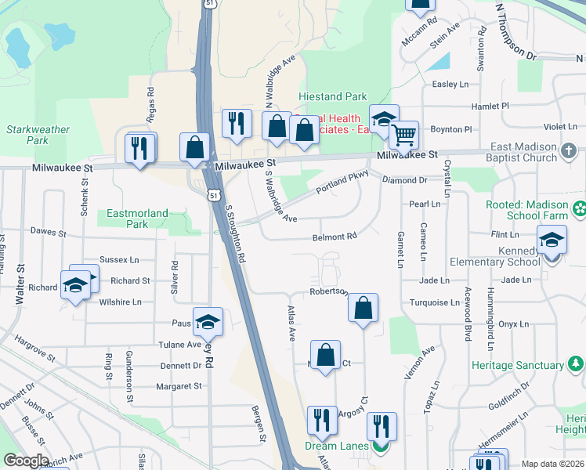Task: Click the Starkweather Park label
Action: pyautogui.click(x=27, y=135)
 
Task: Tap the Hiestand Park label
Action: pyautogui.click(x=333, y=97)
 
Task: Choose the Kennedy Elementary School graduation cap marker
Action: pyautogui.click(x=552, y=241)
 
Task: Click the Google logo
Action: pyautogui.click(x=27, y=461)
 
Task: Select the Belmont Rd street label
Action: pyautogui.click(x=335, y=237)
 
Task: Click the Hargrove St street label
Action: pyautogui.click(x=34, y=349)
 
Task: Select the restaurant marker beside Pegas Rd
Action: pyautogui.click(x=140, y=149)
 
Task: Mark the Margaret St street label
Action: pyautogui.click(x=179, y=386)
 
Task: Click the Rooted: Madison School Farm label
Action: pyautogui.click(x=534, y=208)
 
